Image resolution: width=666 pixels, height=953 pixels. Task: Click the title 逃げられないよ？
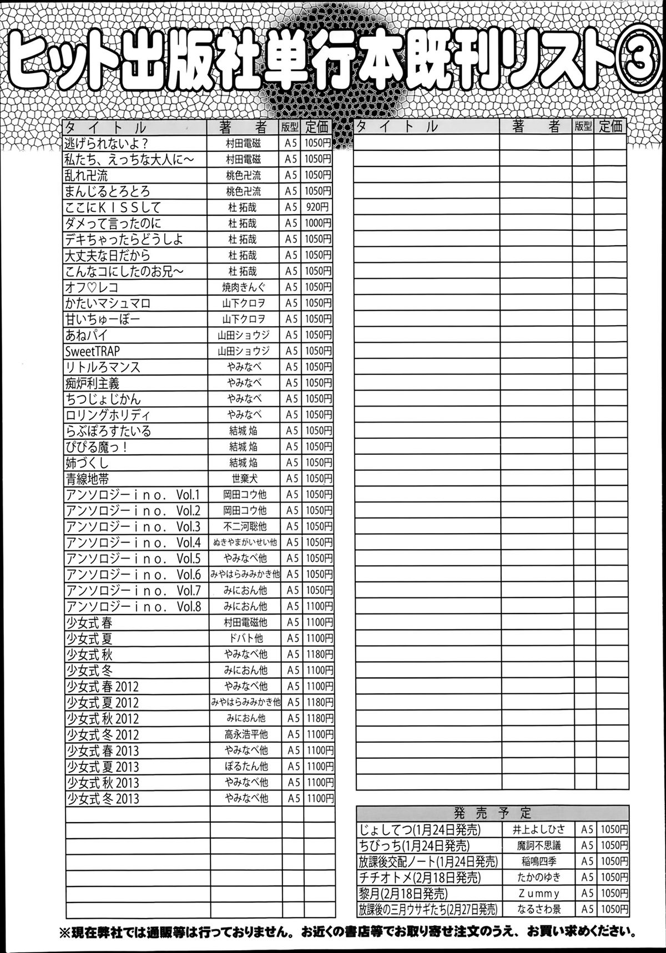(x=105, y=143)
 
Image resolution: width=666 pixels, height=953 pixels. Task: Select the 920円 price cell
(x=316, y=207)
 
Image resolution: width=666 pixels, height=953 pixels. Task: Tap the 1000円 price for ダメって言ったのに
(x=317, y=224)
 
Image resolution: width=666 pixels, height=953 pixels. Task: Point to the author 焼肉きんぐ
(x=244, y=287)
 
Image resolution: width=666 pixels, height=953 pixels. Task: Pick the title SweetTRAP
(x=92, y=351)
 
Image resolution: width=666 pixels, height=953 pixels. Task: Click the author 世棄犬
(x=245, y=478)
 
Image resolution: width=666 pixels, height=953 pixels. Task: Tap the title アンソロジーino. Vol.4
(x=133, y=543)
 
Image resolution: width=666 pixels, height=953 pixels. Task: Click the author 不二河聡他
(x=245, y=526)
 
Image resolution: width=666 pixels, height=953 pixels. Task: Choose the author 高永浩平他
(x=246, y=734)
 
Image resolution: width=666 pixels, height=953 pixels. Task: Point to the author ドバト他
(x=246, y=638)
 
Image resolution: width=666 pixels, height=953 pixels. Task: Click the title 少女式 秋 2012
(x=103, y=719)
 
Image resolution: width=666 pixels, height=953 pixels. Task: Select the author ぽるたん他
(x=246, y=767)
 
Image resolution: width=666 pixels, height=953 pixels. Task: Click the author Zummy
(x=538, y=894)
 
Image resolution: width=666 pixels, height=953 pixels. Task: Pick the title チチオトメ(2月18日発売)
(x=420, y=878)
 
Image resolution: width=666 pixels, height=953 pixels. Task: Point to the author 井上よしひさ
(x=538, y=830)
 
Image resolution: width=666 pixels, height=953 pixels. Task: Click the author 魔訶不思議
(x=538, y=846)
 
